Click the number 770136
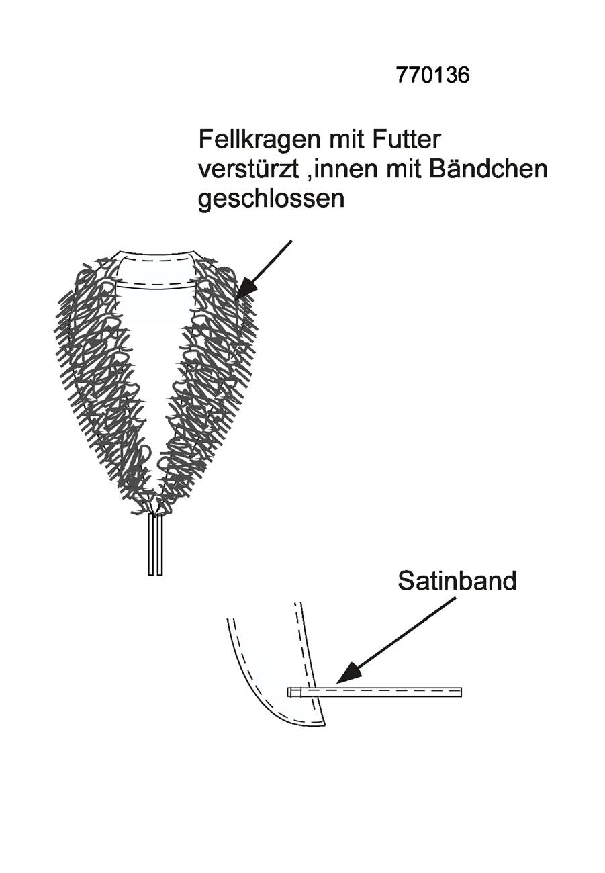coord(432,75)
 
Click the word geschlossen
coord(271,199)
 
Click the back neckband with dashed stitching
coord(156,269)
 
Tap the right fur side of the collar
coord(207,374)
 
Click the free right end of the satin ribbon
coord(461,692)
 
